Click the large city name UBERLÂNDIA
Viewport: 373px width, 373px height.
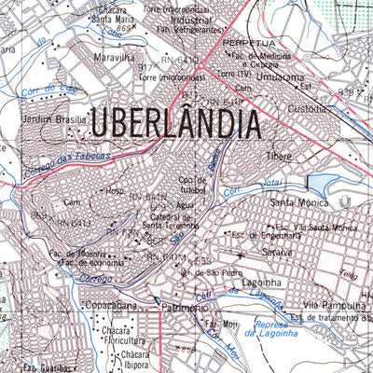coord(173,123)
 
